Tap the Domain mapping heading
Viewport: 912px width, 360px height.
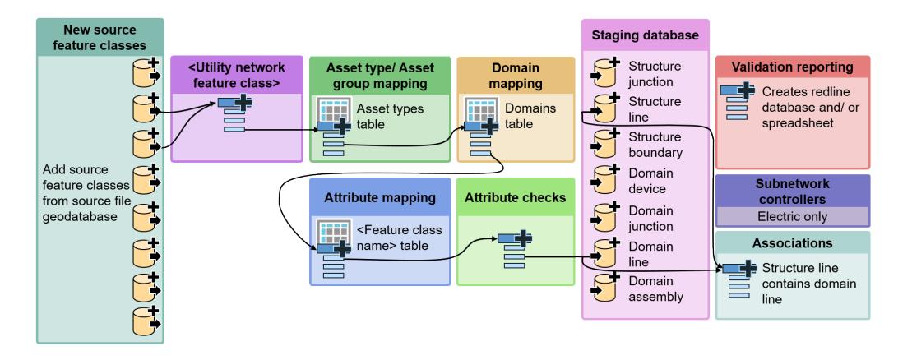[502, 76]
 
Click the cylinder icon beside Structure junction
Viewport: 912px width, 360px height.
[604, 72]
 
